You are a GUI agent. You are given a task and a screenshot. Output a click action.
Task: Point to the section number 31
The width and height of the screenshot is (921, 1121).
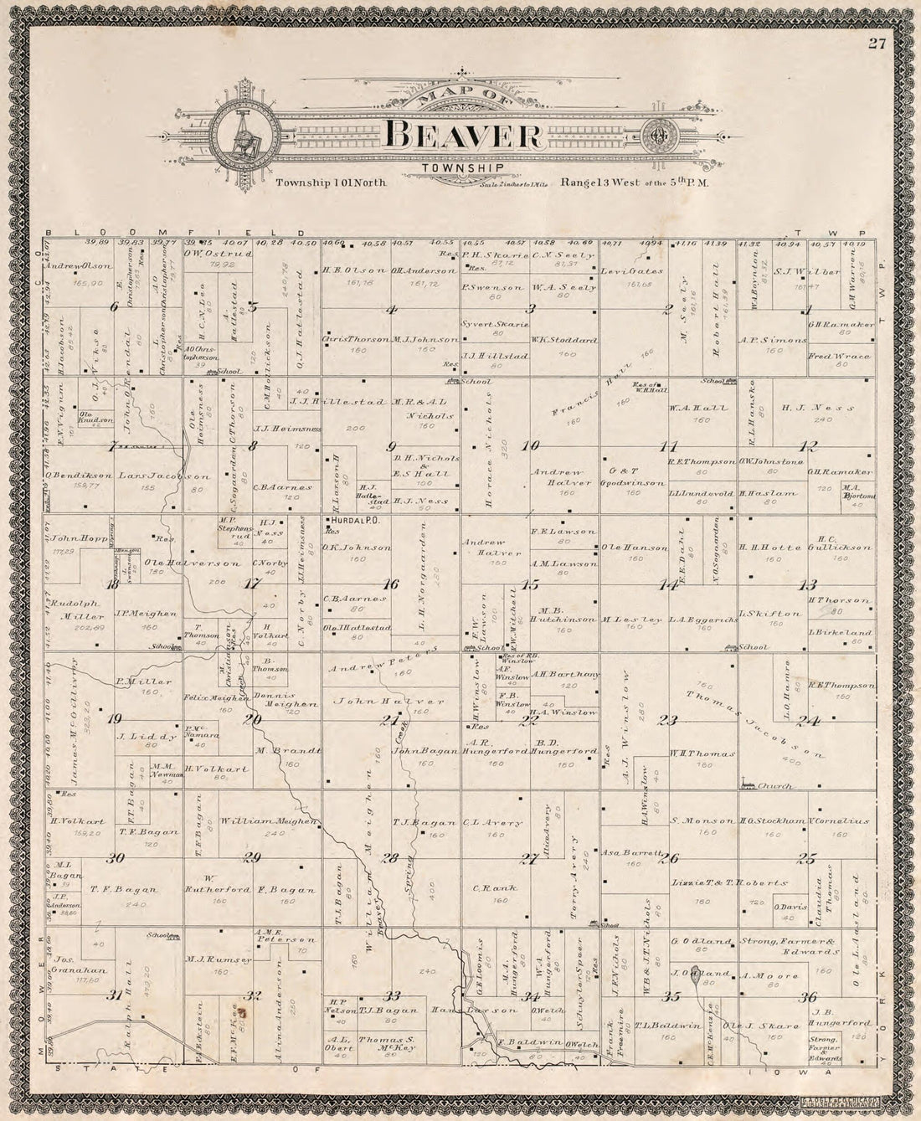tap(115, 995)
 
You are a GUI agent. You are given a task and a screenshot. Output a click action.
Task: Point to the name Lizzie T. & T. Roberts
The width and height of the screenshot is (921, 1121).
tap(729, 883)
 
